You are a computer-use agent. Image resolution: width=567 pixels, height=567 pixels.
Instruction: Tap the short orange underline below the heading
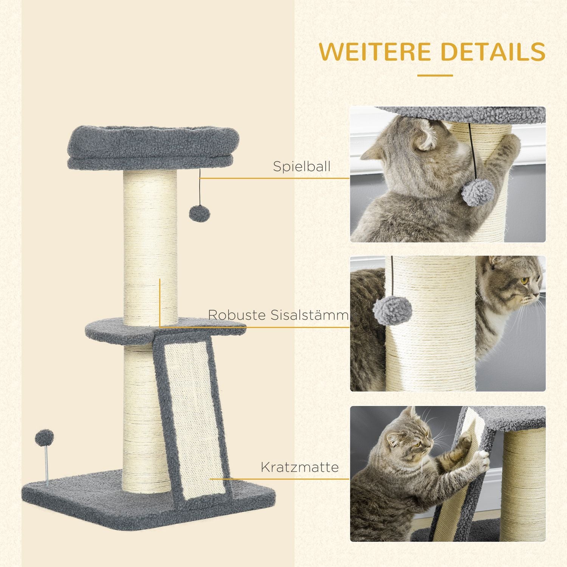[435, 76]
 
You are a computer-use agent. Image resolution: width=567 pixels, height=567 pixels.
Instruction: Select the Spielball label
[302, 167]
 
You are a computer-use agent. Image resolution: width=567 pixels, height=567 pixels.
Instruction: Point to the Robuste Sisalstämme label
[278, 315]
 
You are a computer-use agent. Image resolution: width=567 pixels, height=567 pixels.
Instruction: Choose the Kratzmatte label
[299, 467]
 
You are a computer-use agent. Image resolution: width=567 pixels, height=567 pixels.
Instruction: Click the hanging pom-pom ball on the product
[199, 214]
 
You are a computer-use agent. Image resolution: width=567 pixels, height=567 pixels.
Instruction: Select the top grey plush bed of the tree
[153, 147]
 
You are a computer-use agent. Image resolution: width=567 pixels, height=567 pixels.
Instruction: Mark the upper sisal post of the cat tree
[150, 246]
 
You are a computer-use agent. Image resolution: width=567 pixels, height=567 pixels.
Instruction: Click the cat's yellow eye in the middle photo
[524, 281]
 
